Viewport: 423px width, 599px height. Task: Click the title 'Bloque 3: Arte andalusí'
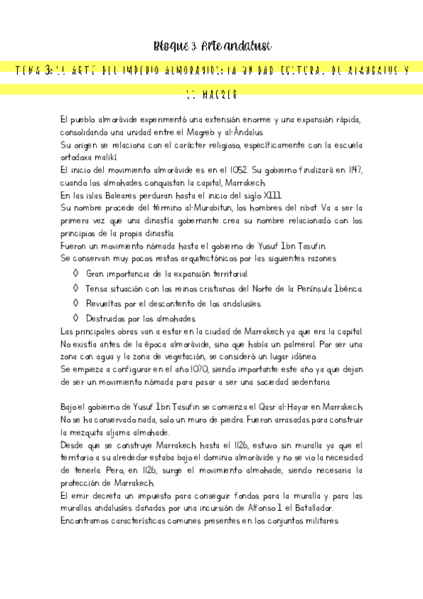[213, 47]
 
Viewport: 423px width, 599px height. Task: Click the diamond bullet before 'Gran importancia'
[76, 273]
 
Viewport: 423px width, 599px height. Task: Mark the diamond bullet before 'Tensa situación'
[76, 288]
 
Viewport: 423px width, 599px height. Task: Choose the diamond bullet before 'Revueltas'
[76, 304]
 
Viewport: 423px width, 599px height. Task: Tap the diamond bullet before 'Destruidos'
[76, 319]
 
